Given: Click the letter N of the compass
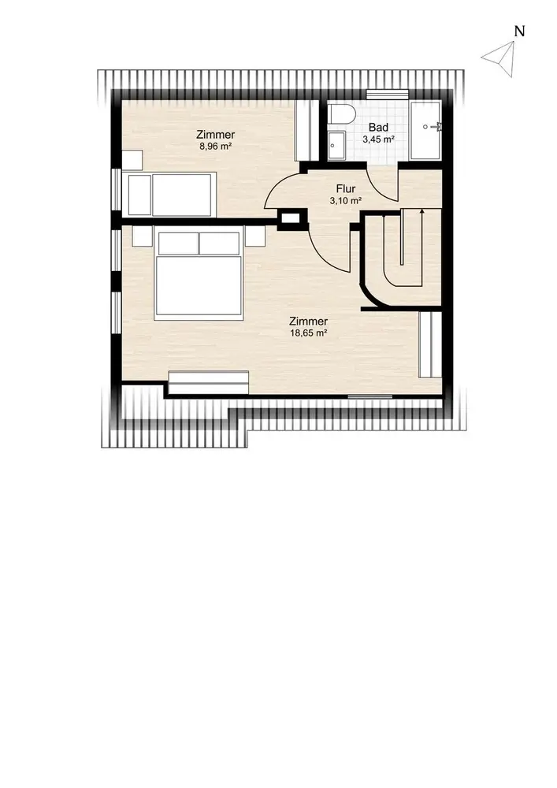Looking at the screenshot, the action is (520, 32).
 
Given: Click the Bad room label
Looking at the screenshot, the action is (378, 127).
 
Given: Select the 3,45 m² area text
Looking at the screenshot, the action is (378, 139).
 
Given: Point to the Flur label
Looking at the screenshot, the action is (346, 189).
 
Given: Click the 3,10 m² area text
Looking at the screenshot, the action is (346, 201).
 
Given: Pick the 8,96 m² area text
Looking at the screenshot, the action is (215, 147).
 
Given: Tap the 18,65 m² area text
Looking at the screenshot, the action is (309, 333).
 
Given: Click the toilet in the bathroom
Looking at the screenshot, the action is (342, 114).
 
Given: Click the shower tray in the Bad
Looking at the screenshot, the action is (425, 130).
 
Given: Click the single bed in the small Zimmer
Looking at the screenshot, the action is (169, 194).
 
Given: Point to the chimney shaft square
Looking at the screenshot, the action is (290, 218).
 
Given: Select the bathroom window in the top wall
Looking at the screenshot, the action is (387, 95).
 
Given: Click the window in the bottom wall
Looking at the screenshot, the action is (370, 396).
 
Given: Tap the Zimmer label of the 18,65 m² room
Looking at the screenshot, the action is (309, 322).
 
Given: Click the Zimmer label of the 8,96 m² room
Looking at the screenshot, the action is (215, 135).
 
